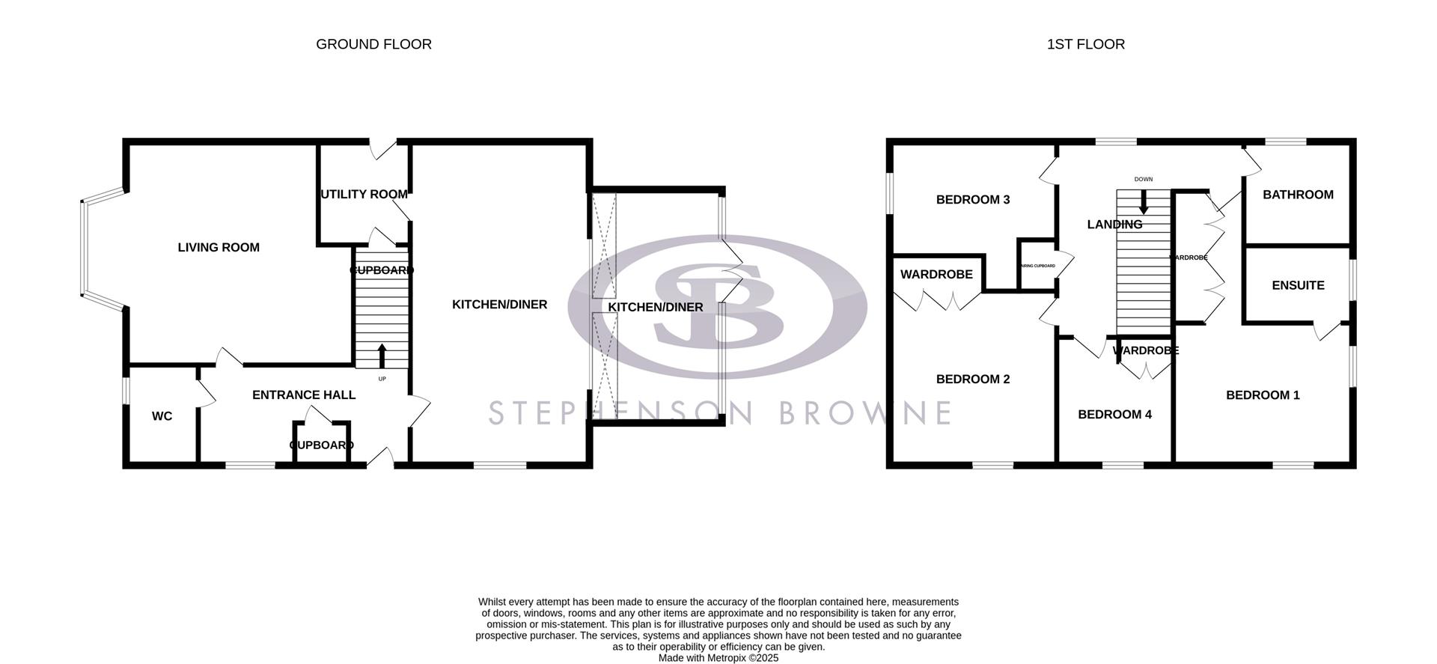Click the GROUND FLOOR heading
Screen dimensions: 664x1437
pyautogui.click(x=373, y=44)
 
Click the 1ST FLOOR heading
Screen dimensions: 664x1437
pyautogui.click(x=1085, y=44)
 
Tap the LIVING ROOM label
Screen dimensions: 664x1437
pyautogui.click(x=219, y=247)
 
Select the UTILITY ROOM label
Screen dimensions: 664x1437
pyautogui.click(x=364, y=195)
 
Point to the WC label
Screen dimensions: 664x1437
pyautogui.click(x=162, y=416)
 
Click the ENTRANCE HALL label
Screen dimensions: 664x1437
pyautogui.click(x=303, y=395)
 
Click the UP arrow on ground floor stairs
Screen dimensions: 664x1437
pyautogui.click(x=382, y=356)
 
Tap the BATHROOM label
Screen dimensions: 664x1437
pyautogui.click(x=1298, y=195)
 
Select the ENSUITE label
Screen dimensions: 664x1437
pyautogui.click(x=1298, y=285)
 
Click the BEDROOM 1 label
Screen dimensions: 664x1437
pyautogui.click(x=1263, y=395)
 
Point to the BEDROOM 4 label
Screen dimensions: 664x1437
pyautogui.click(x=1114, y=414)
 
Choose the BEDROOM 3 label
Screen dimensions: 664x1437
pyautogui.click(x=973, y=199)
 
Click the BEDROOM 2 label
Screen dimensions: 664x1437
pyautogui.click(x=973, y=379)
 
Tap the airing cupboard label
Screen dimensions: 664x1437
pyautogui.click(x=1037, y=266)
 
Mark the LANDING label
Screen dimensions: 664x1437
pyautogui.click(x=1114, y=224)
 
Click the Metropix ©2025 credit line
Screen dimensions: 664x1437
pyautogui.click(x=718, y=658)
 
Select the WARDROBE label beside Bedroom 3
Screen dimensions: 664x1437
pyautogui.click(x=936, y=274)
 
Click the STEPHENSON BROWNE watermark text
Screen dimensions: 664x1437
pyautogui.click(x=718, y=413)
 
